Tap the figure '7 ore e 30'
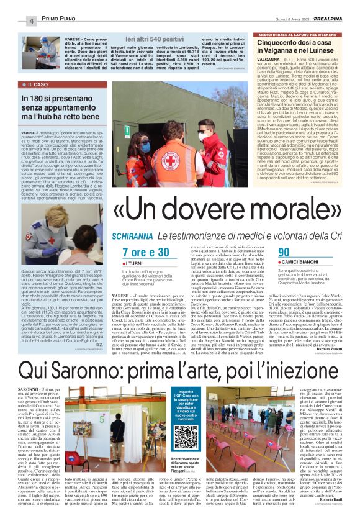pyautogui.click(x=146, y=252)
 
